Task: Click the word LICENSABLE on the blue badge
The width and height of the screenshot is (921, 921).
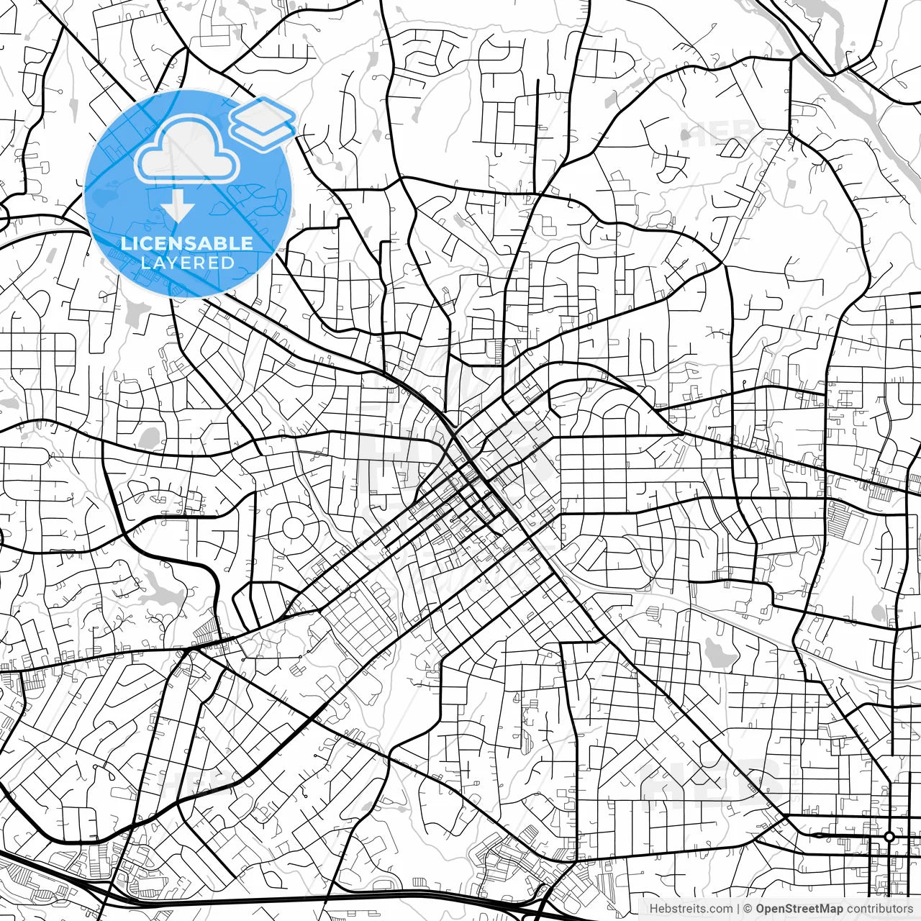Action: tap(187, 243)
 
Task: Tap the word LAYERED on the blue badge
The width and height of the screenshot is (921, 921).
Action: tap(187, 263)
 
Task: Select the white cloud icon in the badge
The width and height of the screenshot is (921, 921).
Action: tap(187, 149)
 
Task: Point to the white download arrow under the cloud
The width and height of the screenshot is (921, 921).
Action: tap(177, 209)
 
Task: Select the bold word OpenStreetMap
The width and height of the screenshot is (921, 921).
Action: tap(799, 909)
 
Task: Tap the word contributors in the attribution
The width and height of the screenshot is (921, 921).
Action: tap(879, 909)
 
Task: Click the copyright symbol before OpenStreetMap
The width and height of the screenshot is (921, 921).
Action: tap(748, 909)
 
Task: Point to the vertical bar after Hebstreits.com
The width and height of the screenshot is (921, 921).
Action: tap(738, 909)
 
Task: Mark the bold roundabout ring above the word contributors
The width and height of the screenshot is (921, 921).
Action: tap(889, 836)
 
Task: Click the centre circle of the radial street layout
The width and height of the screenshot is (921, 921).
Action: tap(293, 527)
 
